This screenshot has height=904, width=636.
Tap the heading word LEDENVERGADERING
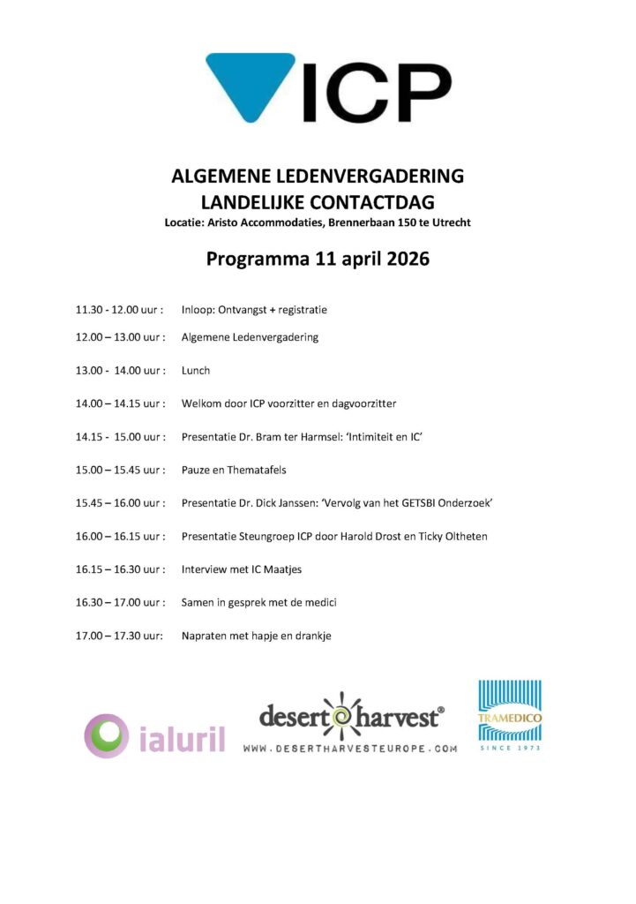pos(376,176)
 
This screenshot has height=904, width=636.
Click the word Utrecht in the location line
pos(450,222)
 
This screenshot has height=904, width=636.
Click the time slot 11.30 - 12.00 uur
pos(118,310)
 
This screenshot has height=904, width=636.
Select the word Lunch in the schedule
pos(196,371)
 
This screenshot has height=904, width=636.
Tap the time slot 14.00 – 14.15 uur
pos(118,403)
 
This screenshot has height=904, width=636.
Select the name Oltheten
pos(462,536)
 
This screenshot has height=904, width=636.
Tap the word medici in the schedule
pos(321,602)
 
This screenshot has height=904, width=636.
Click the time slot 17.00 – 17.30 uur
pos(118,636)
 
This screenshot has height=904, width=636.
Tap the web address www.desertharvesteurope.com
pos(350,748)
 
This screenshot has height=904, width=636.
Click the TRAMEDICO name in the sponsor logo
pos(509,718)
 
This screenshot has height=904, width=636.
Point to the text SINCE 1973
pos(509,748)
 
